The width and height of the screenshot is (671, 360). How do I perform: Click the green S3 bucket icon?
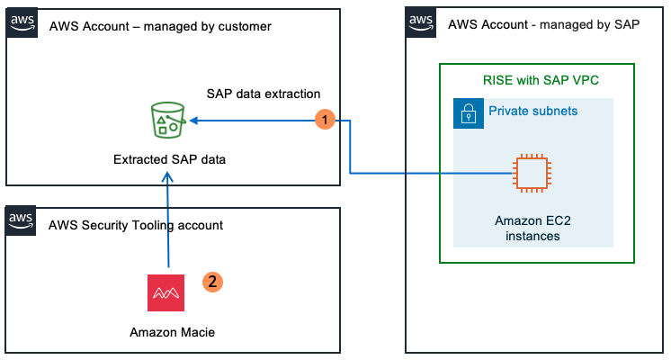[167, 120]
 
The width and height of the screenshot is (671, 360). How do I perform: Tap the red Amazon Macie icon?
[166, 293]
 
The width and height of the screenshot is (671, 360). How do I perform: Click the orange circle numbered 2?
[212, 282]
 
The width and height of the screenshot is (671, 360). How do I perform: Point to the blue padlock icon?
[468, 112]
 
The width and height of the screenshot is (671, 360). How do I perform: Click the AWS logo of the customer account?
[22, 22]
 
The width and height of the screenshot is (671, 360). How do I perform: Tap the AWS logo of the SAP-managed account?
[421, 22]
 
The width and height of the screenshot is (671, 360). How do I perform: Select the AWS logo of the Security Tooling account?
[22, 221]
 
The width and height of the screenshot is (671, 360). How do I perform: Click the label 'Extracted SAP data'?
[169, 160]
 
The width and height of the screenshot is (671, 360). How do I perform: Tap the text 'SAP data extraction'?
[264, 94]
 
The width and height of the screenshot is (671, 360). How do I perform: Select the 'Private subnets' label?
[532, 112]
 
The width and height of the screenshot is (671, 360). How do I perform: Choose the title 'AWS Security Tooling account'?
[136, 224]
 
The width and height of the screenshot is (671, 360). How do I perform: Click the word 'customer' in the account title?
[245, 26]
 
